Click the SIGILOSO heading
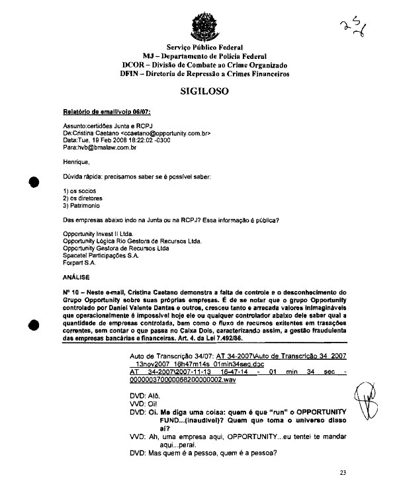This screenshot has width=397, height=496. click(x=204, y=92)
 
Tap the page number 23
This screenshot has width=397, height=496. click(x=342, y=472)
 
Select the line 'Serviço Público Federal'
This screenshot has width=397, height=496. click(x=204, y=48)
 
